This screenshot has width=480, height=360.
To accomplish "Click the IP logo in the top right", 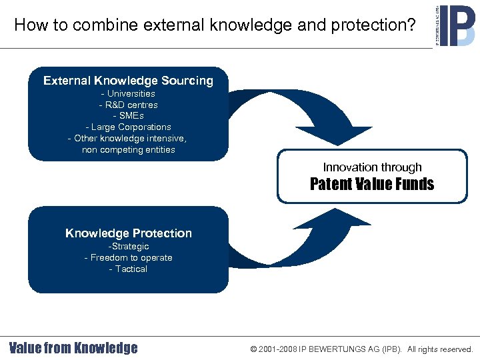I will click(457, 25).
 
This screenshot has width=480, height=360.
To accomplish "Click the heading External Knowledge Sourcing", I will click(128, 81).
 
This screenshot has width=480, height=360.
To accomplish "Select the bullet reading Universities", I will click(128, 94).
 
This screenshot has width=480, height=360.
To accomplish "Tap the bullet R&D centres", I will click(128, 105).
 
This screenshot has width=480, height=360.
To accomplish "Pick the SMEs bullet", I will click(128, 116).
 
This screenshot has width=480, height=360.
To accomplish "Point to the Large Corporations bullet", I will click(128, 127).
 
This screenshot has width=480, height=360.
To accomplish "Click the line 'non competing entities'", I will click(128, 149).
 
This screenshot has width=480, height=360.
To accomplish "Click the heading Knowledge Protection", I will click(128, 233).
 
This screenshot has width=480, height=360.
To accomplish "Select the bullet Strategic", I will click(128, 247).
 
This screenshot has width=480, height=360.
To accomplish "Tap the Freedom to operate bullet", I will click(128, 258).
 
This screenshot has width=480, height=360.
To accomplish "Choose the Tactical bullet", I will click(128, 269).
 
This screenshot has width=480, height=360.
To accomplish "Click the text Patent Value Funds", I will click(372, 185).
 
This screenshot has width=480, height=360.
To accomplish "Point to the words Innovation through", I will click(372, 167).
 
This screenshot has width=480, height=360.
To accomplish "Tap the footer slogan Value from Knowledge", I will click(73, 348).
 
